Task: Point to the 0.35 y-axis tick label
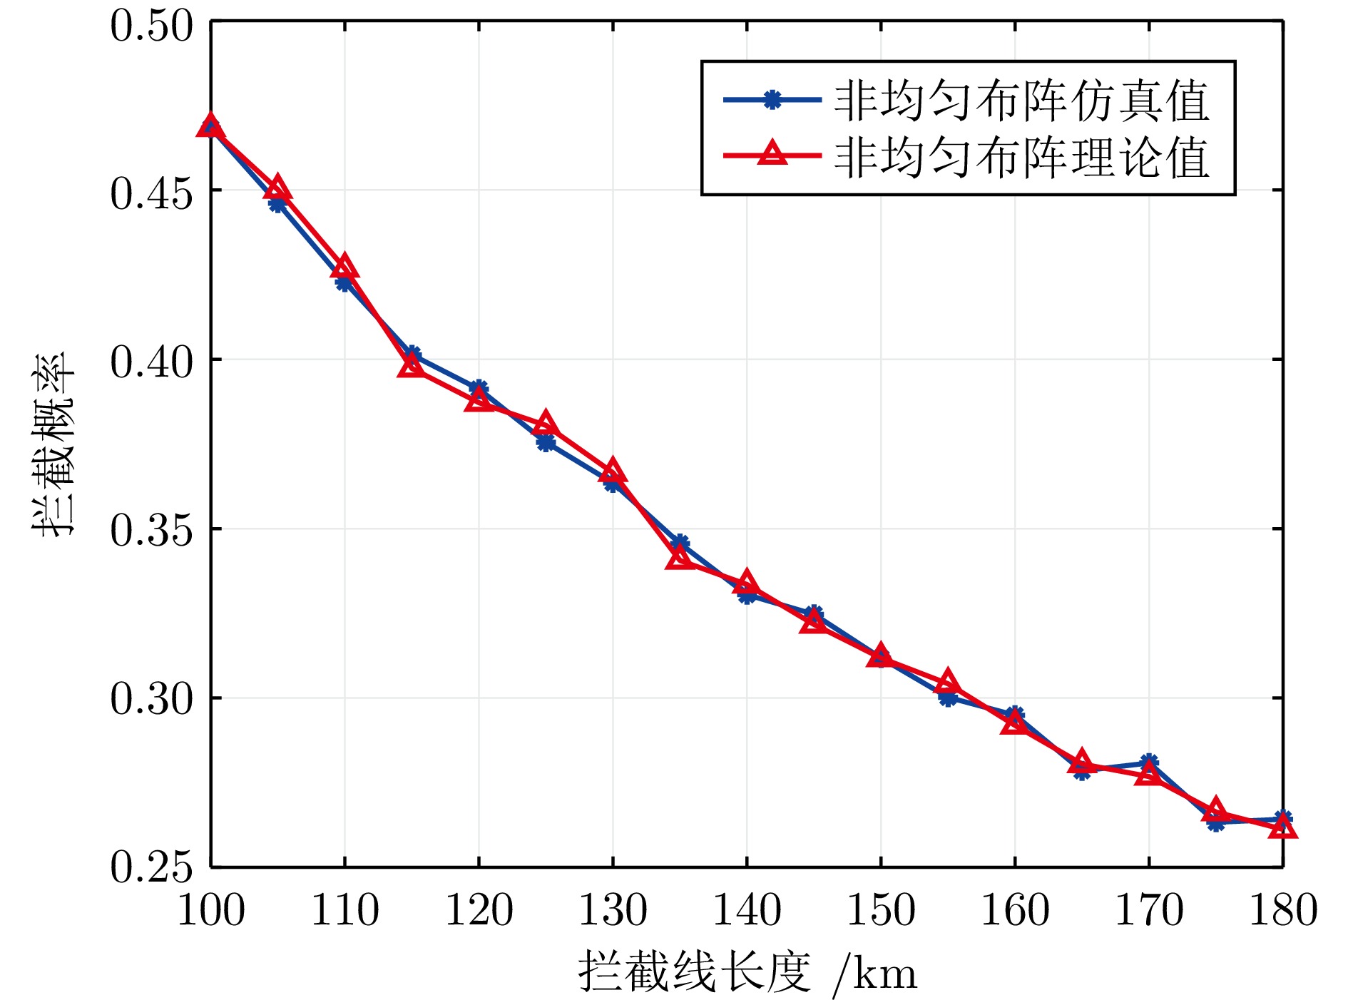(151, 530)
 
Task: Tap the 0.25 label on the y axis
(151, 867)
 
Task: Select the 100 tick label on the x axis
(211, 910)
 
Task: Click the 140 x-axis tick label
(747, 910)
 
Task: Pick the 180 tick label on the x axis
(1282, 910)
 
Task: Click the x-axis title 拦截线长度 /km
(747, 971)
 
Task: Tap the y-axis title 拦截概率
(53, 444)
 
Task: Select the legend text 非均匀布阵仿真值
(1021, 101)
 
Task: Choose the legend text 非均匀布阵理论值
(1021, 157)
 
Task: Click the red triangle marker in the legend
(772, 153)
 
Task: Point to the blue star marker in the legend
(772, 100)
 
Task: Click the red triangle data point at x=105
(277, 189)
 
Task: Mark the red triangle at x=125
(546, 424)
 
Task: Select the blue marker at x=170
(1148, 762)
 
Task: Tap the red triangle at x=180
(1282, 827)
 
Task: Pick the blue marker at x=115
(412, 354)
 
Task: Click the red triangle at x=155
(947, 682)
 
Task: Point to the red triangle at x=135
(680, 558)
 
